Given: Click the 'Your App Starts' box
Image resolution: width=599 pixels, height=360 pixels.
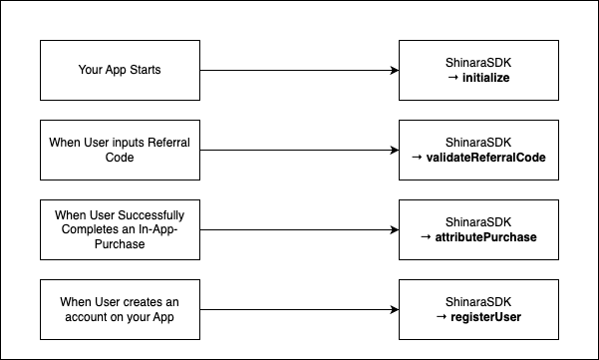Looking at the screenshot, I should pos(120,71).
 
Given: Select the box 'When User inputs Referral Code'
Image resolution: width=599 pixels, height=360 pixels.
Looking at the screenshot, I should pos(120,151).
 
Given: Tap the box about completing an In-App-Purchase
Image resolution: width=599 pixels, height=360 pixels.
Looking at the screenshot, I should pos(120,229).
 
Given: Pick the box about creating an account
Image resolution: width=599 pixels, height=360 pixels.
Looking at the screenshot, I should pos(120,309).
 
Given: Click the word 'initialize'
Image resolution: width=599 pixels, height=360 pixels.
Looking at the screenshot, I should pos(485,78).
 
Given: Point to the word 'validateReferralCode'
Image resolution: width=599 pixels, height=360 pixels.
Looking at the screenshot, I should pos(485,158).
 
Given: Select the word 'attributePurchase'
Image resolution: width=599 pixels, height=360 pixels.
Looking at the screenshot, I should pos(485,237).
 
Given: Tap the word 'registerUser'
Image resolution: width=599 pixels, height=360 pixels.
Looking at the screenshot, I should pos(485,317).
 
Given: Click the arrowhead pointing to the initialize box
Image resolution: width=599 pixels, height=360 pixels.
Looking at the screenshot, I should pos(393,71).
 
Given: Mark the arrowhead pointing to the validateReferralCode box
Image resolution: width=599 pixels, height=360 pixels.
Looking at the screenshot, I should pos(393,151).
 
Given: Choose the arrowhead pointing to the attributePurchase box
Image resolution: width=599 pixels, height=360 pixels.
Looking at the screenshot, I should pos(393,230).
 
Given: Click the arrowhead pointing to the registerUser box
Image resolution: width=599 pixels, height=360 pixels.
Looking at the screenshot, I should pos(393,310).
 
